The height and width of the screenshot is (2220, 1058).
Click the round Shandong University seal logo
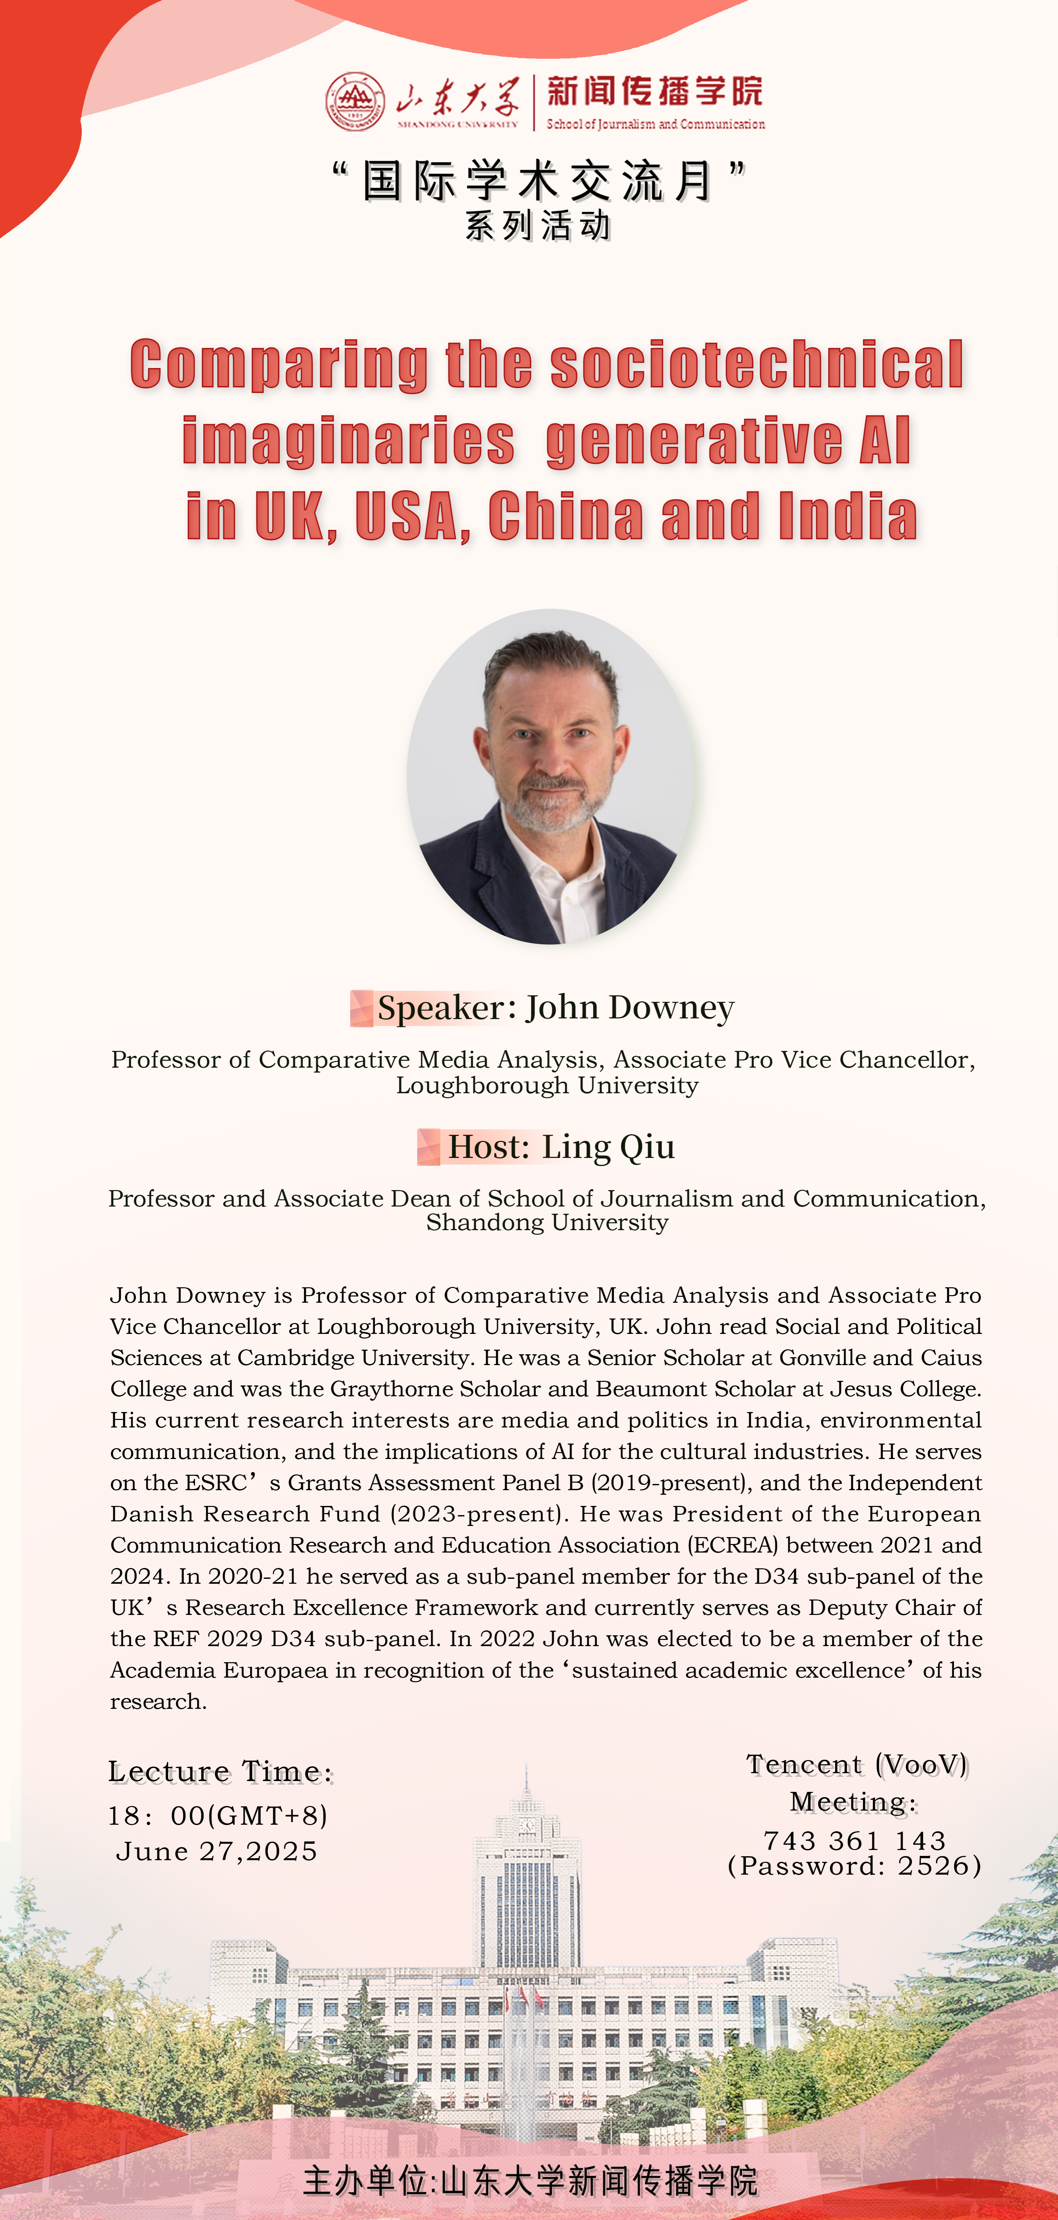click(x=354, y=102)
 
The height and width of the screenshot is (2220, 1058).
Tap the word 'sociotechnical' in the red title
click(x=756, y=364)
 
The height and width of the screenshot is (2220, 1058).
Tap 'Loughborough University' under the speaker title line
click(x=547, y=1085)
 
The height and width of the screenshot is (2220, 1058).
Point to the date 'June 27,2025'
click(x=216, y=1851)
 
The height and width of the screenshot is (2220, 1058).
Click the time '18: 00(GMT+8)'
click(x=217, y=1816)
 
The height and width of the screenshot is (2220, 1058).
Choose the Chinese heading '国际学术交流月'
click(x=538, y=181)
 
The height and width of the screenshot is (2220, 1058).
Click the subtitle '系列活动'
click(x=538, y=226)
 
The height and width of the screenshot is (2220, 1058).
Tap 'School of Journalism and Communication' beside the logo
click(x=655, y=124)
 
